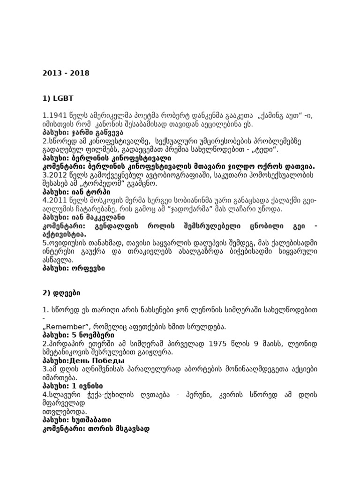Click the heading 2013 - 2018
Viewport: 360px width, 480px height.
click(66, 73)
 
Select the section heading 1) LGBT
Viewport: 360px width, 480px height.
click(58, 98)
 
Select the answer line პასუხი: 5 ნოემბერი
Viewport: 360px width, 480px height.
click(78, 336)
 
